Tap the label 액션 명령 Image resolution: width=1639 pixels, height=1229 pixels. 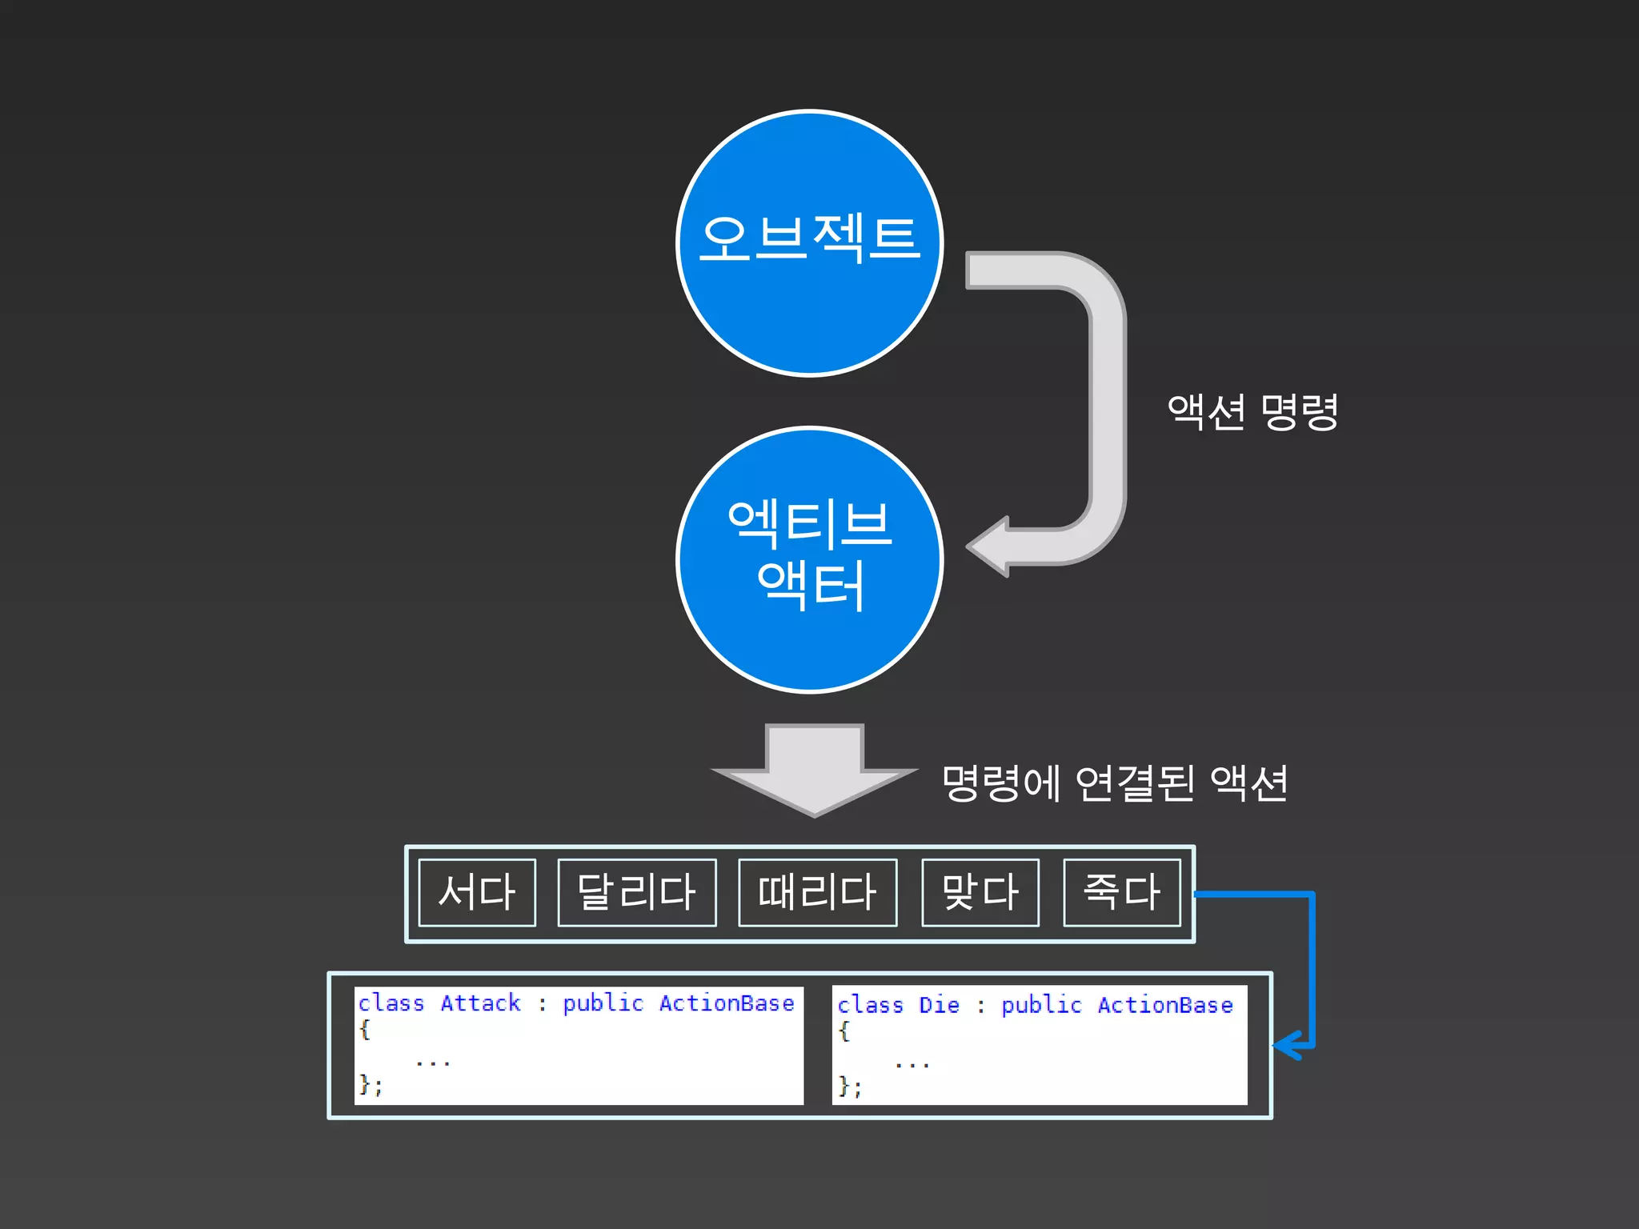(1252, 412)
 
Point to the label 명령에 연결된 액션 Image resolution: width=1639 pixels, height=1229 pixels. (1115, 783)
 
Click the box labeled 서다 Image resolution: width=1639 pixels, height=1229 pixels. (477, 892)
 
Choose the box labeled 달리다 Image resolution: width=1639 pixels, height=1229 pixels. (637, 892)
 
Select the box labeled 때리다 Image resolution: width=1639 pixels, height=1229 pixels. (817, 892)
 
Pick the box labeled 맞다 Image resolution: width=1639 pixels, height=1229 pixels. (980, 892)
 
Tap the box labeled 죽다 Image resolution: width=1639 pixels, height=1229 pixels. (1122, 892)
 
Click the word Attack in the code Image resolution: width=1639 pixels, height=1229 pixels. (480, 1003)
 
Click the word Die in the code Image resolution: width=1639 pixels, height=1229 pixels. (939, 1005)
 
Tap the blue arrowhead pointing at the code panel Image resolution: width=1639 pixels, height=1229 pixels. (1285, 1045)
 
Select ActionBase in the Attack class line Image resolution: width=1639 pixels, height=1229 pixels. (727, 1003)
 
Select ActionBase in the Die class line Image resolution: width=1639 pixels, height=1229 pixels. (1164, 1005)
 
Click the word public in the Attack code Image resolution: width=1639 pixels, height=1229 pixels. (603, 1003)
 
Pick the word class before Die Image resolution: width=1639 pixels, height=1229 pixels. (870, 1005)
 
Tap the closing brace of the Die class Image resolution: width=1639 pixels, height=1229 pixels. (844, 1086)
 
